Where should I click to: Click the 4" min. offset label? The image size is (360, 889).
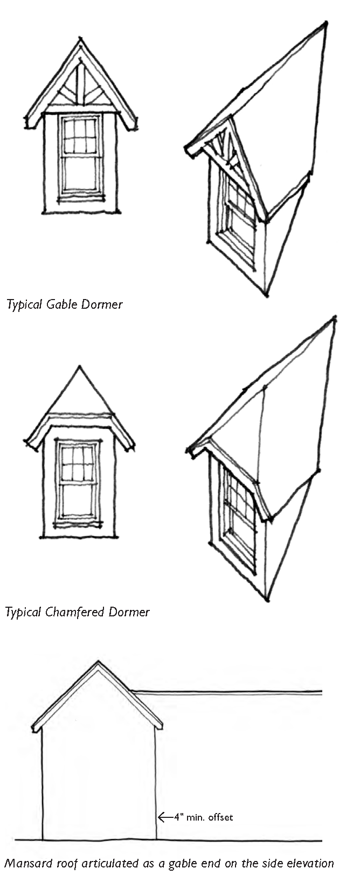click(203, 817)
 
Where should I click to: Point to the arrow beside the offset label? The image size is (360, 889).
click(164, 817)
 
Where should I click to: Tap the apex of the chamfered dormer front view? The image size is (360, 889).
click(80, 367)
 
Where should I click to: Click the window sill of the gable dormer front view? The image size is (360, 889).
click(81, 197)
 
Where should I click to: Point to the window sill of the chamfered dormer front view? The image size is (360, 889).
click(78, 523)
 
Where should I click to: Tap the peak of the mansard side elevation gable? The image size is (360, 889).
click(98, 662)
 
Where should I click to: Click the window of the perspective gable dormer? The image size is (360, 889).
click(239, 221)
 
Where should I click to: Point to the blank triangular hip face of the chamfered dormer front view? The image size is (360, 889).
click(80, 396)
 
